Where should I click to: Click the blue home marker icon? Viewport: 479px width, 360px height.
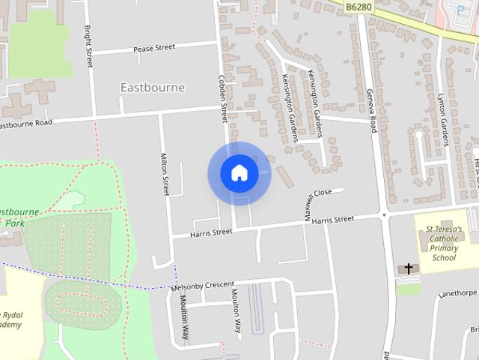(x=239, y=172)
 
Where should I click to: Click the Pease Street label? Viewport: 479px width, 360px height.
(x=153, y=47)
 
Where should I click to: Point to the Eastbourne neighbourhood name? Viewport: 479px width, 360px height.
(x=152, y=88)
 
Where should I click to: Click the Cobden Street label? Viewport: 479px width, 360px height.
(x=222, y=97)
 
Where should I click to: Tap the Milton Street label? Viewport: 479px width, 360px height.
(x=165, y=174)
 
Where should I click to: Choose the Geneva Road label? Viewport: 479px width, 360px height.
(x=370, y=111)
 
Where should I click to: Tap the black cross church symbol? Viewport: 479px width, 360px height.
(x=409, y=268)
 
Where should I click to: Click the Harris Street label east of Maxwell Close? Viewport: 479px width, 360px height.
(x=333, y=220)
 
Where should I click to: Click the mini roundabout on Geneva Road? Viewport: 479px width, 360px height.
(x=384, y=215)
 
